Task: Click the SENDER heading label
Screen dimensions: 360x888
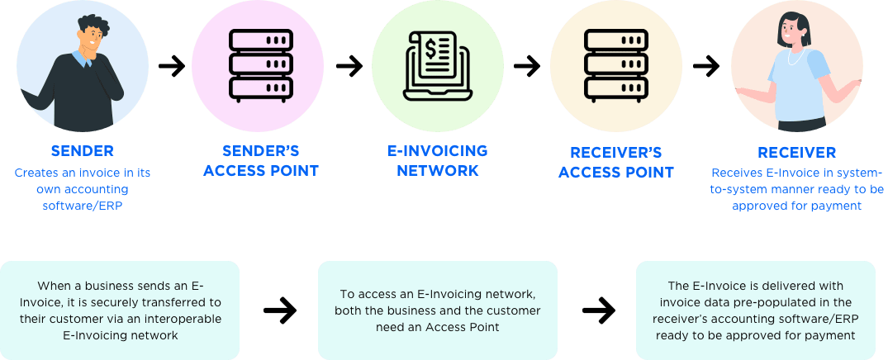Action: pyautogui.click(x=82, y=152)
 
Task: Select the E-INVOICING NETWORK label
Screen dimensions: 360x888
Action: pyautogui.click(x=438, y=161)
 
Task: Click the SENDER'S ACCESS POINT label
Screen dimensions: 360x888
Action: pyautogui.click(x=260, y=161)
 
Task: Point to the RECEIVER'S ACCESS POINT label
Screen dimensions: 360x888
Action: pyautogui.click(x=615, y=162)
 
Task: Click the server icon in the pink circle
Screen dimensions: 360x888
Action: pyautogui.click(x=261, y=64)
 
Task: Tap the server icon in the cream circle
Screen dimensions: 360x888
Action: pyautogui.click(x=616, y=64)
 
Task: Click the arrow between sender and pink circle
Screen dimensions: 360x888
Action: pyautogui.click(x=172, y=65)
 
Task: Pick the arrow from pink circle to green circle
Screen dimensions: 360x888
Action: pyautogui.click(x=349, y=65)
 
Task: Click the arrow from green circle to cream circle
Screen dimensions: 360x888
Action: pyautogui.click(x=527, y=65)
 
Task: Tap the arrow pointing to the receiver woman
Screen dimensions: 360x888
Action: pyautogui.click(x=705, y=65)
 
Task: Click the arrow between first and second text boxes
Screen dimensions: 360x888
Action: pyautogui.click(x=279, y=310)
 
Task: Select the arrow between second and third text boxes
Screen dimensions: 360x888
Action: pyautogui.click(x=598, y=310)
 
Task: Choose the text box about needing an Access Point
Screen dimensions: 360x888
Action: pyautogui.click(x=438, y=310)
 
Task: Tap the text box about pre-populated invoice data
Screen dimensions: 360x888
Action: pyautogui.click(x=756, y=310)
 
